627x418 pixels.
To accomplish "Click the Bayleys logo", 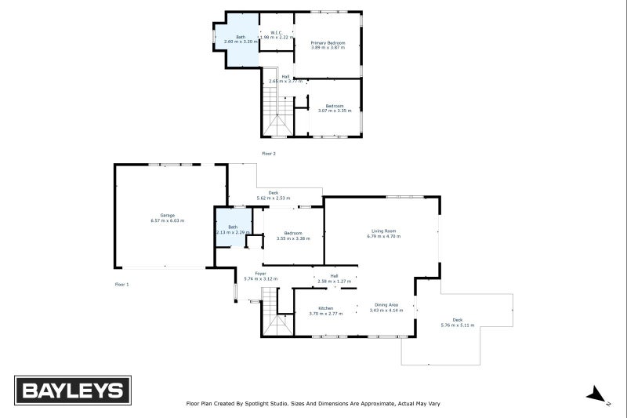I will [x=73, y=391].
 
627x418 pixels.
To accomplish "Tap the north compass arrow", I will [x=597, y=394].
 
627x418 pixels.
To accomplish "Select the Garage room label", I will [x=168, y=215].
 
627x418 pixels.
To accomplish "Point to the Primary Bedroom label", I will [x=328, y=42].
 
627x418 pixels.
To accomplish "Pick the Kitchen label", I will [x=326, y=308].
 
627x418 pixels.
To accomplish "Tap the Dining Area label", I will [x=386, y=304].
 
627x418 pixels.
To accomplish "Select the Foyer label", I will [x=249, y=274].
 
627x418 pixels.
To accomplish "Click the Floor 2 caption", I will [x=269, y=153].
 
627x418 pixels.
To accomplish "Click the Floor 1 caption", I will [x=121, y=284].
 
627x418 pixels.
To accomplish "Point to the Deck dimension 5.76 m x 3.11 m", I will [x=458, y=325].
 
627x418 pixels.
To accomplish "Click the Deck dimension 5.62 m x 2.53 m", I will [x=274, y=198].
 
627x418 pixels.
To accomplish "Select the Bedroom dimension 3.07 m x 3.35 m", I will [x=335, y=111].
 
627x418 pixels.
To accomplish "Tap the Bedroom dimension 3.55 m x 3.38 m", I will [x=293, y=238].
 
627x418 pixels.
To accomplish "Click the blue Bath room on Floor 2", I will [x=238, y=39].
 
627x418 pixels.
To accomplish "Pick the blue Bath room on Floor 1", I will [x=232, y=228].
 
